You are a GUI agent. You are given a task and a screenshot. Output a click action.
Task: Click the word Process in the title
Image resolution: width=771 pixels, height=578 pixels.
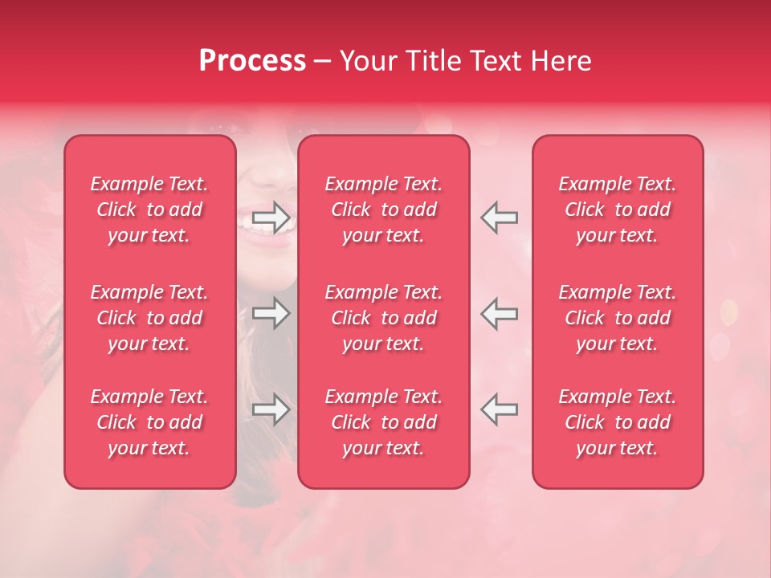[252, 61]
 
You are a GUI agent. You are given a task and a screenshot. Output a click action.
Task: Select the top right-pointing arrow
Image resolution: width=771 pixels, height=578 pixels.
[271, 218]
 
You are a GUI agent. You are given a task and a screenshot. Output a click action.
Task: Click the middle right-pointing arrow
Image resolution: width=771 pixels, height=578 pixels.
[271, 313]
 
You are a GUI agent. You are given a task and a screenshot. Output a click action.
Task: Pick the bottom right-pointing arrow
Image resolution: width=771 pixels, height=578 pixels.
[271, 409]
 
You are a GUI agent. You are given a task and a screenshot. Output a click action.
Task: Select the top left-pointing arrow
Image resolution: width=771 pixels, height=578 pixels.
[499, 218]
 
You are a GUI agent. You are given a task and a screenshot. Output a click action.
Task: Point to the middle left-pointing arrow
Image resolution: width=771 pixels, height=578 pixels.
[499, 313]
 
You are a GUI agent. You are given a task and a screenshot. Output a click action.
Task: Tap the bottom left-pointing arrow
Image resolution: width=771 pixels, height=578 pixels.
[499, 409]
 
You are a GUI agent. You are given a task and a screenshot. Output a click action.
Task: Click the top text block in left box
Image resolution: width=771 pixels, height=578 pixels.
[149, 210]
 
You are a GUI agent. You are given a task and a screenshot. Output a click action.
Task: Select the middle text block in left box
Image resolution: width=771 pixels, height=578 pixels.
[149, 318]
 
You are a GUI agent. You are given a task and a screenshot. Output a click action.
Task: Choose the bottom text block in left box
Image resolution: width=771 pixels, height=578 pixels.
[149, 422]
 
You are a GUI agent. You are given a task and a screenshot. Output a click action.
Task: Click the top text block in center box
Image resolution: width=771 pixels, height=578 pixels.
[384, 210]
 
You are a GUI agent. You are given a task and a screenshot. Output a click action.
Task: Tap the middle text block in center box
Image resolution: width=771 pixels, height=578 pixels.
[384, 318]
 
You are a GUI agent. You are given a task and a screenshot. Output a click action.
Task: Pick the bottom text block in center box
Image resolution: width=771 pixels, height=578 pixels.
[384, 422]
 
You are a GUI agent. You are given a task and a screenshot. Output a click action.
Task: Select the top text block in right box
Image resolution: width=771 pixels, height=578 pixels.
[618, 210]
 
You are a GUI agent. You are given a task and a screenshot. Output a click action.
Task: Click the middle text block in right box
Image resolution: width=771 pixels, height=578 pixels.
[618, 318]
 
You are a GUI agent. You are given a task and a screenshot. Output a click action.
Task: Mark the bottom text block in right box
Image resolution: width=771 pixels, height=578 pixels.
[618, 422]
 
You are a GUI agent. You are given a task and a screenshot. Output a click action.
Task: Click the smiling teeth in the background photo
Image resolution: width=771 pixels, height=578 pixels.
[255, 234]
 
